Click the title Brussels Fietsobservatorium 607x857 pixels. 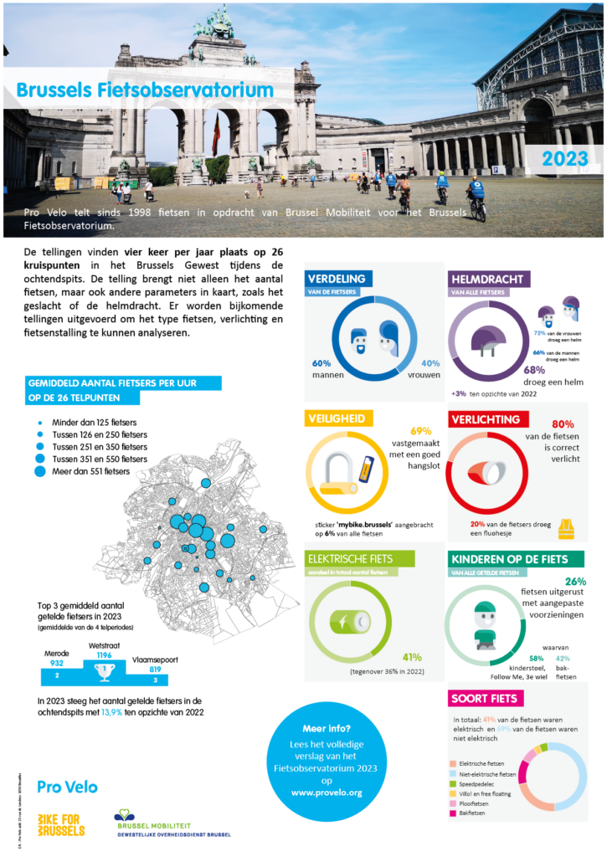point(146,90)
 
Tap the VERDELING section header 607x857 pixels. point(335,279)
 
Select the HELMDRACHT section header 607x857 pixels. point(486,279)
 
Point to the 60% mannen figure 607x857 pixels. point(322,369)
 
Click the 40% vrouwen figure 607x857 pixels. point(430,369)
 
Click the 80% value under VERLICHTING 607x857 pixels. point(563,424)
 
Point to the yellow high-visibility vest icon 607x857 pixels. point(567,528)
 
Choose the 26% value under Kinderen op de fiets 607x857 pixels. point(575,582)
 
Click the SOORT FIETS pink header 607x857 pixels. point(486,698)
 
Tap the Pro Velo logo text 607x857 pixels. point(67,787)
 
